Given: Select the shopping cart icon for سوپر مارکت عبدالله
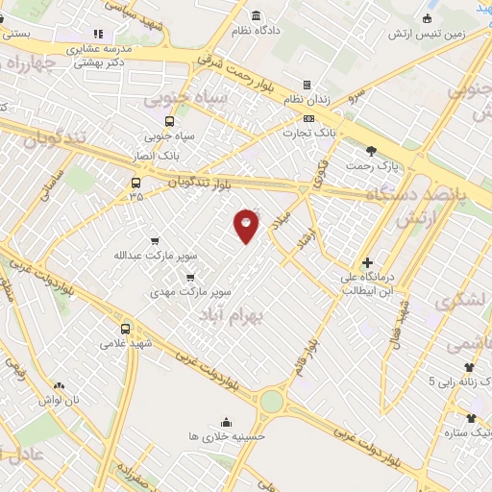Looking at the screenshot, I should pyautogui.click(x=156, y=241).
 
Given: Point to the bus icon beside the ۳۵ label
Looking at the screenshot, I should pyautogui.click(x=135, y=183).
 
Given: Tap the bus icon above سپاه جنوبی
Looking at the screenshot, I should pyautogui.click(x=170, y=121).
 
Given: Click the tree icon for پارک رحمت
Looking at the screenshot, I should pyautogui.click(x=372, y=150).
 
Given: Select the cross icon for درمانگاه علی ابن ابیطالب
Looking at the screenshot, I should pyautogui.click(x=367, y=261).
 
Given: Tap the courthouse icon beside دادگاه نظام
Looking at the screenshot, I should pyautogui.click(x=255, y=16).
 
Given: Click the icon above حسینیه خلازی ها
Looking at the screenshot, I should pyautogui.click(x=226, y=421).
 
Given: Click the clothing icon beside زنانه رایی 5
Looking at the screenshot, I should pyautogui.click(x=469, y=366).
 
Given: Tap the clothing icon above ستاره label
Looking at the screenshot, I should pyautogui.click(x=471, y=417).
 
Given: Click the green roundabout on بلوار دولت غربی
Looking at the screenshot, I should pyautogui.click(x=273, y=400).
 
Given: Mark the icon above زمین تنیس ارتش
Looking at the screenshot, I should pyautogui.click(x=427, y=18).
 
